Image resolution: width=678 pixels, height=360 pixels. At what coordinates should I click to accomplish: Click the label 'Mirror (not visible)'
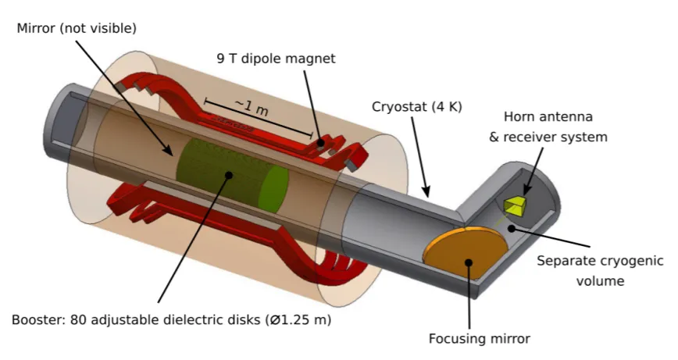coord(77,29)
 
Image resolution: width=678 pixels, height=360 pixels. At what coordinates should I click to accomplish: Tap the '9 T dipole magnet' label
coord(276,59)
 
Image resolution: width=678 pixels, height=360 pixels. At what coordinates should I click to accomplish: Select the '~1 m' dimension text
coord(252,107)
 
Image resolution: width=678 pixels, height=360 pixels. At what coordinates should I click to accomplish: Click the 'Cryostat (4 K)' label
coord(417,107)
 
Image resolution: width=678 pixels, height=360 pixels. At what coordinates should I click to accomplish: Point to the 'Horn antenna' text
coord(548,116)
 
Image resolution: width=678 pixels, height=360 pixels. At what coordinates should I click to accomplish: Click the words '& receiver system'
coord(548,137)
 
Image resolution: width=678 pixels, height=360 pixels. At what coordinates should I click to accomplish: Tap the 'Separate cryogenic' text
coord(600,261)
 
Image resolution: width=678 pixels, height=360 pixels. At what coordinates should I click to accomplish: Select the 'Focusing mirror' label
coord(479,338)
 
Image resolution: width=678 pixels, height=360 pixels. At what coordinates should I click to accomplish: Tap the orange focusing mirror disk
coord(466,252)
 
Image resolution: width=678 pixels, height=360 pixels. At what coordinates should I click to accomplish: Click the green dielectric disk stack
coord(232,175)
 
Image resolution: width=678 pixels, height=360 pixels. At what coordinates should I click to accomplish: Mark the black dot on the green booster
coord(229,175)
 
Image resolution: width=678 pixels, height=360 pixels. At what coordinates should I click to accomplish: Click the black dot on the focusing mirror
coord(469,262)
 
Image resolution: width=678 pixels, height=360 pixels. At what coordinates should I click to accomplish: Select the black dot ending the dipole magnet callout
coord(320,143)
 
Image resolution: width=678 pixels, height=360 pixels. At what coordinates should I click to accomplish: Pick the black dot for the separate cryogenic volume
coord(512,228)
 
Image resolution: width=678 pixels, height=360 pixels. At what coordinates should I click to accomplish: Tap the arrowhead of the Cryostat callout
coord(426,191)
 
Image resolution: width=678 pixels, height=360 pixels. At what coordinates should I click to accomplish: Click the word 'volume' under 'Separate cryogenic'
coord(600,281)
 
